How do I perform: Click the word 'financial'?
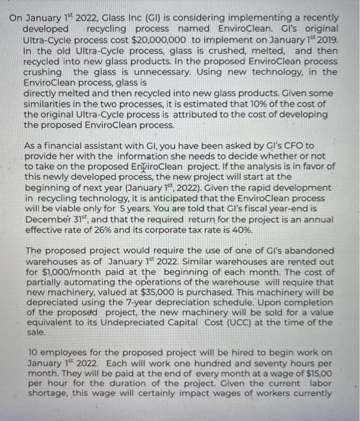[x=63, y=145]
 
